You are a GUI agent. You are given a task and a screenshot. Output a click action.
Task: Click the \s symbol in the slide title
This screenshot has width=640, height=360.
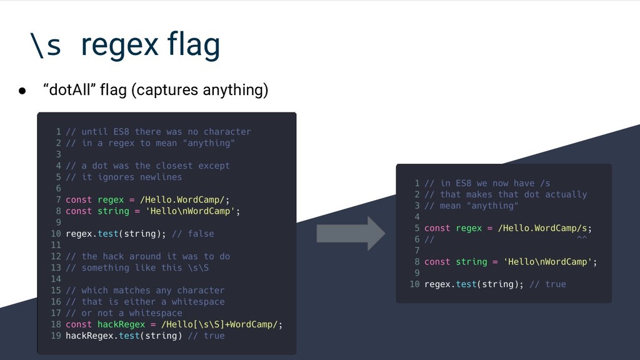click(x=45, y=45)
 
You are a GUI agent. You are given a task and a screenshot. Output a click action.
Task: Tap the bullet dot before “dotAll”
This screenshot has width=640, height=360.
click(x=22, y=91)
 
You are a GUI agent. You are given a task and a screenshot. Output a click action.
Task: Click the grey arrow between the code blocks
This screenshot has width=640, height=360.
click(x=350, y=233)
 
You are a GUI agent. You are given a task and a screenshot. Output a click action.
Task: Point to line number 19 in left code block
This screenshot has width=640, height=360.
click(x=56, y=336)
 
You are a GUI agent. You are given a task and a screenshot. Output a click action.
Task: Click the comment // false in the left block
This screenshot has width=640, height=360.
click(x=192, y=234)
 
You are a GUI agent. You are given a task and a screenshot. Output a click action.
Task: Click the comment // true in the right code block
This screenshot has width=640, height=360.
click(x=547, y=284)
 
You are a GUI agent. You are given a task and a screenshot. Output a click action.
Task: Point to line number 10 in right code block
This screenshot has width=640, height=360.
click(x=414, y=284)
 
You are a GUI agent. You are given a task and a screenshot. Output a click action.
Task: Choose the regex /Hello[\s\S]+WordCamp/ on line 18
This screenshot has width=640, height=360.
click(x=219, y=324)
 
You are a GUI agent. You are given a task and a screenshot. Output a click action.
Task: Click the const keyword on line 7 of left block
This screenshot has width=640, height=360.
click(x=79, y=200)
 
